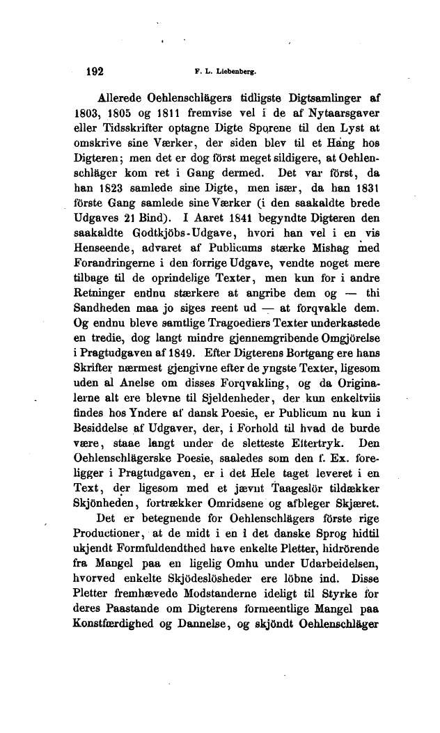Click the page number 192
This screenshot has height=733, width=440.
pyautogui.click(x=93, y=70)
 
